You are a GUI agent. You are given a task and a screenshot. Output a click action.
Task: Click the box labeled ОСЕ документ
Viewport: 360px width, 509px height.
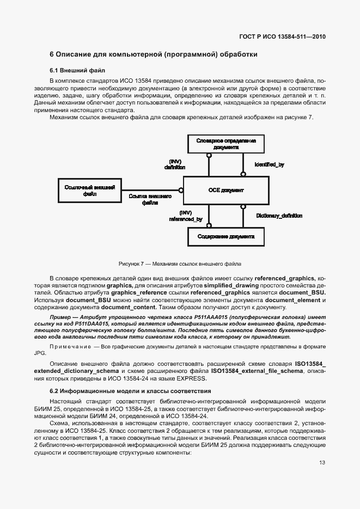[x=225, y=191]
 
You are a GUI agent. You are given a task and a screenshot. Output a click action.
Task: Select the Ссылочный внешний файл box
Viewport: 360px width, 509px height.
[x=89, y=190]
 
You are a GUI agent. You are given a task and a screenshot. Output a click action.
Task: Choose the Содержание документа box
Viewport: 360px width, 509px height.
[x=225, y=237]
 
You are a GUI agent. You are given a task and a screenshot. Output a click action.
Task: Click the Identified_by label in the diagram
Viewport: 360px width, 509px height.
[x=269, y=164]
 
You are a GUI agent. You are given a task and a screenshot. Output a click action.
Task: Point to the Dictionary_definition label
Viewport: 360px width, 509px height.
[x=279, y=216]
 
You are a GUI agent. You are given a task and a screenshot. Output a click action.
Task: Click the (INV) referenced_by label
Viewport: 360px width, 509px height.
[x=186, y=216]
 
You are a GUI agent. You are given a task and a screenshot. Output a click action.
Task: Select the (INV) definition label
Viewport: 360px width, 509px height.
[x=175, y=164]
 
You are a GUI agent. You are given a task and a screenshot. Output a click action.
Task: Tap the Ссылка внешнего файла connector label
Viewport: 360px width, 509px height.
[x=150, y=199]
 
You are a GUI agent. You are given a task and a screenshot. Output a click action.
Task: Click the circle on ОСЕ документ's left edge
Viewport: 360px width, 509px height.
[x=182, y=191]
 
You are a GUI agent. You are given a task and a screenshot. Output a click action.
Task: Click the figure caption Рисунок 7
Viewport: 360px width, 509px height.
[x=180, y=264]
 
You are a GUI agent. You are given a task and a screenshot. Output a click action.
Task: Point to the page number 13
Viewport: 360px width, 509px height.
[x=322, y=462]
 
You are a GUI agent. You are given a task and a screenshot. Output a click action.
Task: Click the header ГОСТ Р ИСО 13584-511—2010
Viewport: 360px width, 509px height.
[x=283, y=37]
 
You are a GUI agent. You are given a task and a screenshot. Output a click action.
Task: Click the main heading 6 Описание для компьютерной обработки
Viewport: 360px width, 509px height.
[x=153, y=54]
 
